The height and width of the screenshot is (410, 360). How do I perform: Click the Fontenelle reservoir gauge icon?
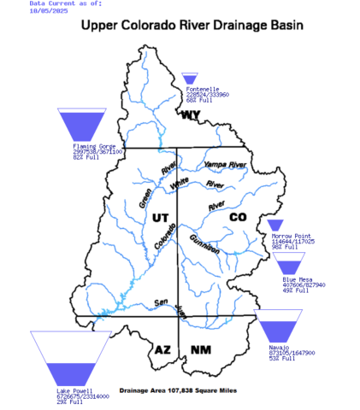(189, 79)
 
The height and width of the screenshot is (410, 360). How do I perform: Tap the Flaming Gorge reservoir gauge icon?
(79, 125)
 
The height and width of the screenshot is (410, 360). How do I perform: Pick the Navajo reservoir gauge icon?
(279, 332)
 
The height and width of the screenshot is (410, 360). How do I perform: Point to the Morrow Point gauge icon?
(275, 225)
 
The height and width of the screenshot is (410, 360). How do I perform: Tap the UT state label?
(160, 218)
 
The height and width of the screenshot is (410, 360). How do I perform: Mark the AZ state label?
(163, 348)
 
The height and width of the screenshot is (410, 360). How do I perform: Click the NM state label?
(200, 349)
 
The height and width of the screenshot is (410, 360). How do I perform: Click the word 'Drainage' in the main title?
(233, 26)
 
